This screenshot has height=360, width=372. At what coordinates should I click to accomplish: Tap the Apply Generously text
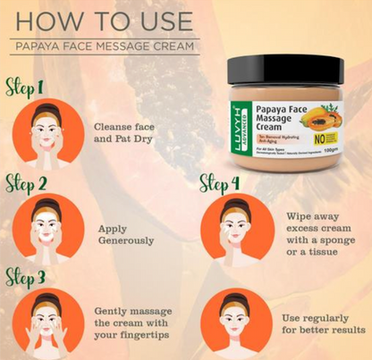(x=126, y=234)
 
